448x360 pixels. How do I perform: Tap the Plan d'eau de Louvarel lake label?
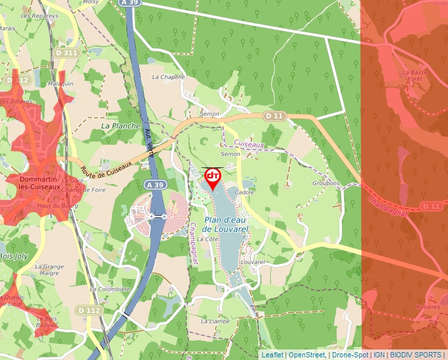point(225,224)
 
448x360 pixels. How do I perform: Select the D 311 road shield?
point(67,53)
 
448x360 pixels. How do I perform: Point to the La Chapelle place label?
point(168,77)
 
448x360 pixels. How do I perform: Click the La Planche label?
point(121,126)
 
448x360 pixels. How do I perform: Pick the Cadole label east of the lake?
point(244,192)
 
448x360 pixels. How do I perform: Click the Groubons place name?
point(326,183)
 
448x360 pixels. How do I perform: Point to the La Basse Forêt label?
point(412,75)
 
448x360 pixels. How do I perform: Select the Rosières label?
point(428,307)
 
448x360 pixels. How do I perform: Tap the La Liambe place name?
point(215,321)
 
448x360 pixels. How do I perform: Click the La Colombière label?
point(110,289)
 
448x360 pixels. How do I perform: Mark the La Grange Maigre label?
point(49,269)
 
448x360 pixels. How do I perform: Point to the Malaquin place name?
point(61,84)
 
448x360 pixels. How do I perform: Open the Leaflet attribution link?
point(272,355)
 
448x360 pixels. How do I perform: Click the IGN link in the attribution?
point(379,355)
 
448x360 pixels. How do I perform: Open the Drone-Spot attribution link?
point(350,355)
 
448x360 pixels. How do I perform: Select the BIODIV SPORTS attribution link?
point(415,355)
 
